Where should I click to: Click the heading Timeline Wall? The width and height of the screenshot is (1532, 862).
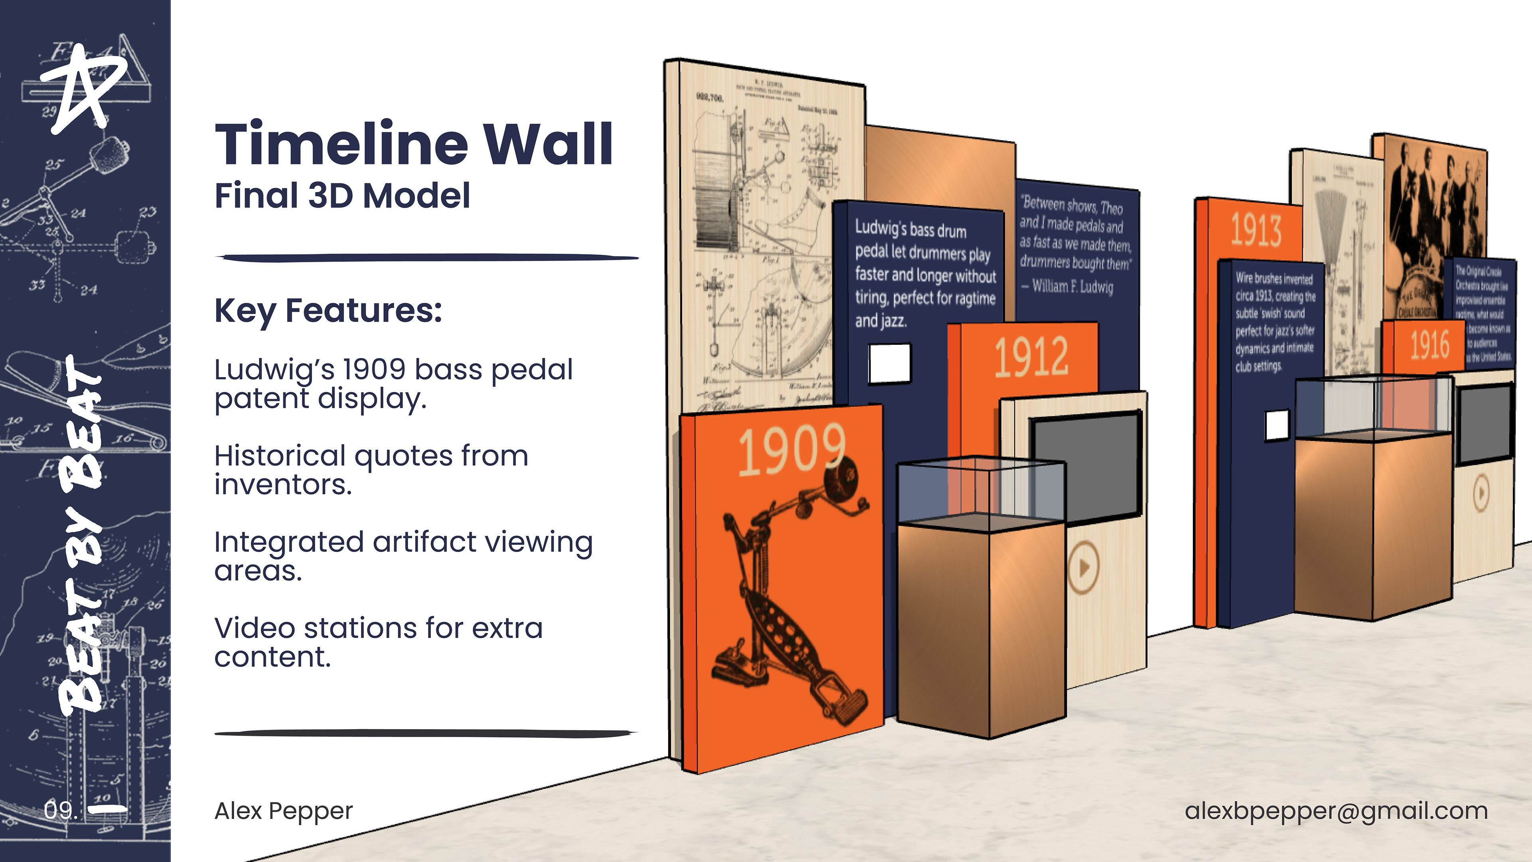(x=413, y=144)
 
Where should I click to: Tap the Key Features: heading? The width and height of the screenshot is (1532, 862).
(x=328, y=310)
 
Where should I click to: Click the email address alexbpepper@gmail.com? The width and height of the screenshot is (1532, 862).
(x=1336, y=811)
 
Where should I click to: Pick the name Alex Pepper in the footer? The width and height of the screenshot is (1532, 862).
(x=284, y=811)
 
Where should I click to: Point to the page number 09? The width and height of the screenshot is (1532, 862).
(x=61, y=810)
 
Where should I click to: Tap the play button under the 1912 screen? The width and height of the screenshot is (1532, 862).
(x=1084, y=567)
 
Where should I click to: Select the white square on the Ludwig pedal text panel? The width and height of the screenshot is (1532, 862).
(x=890, y=363)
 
